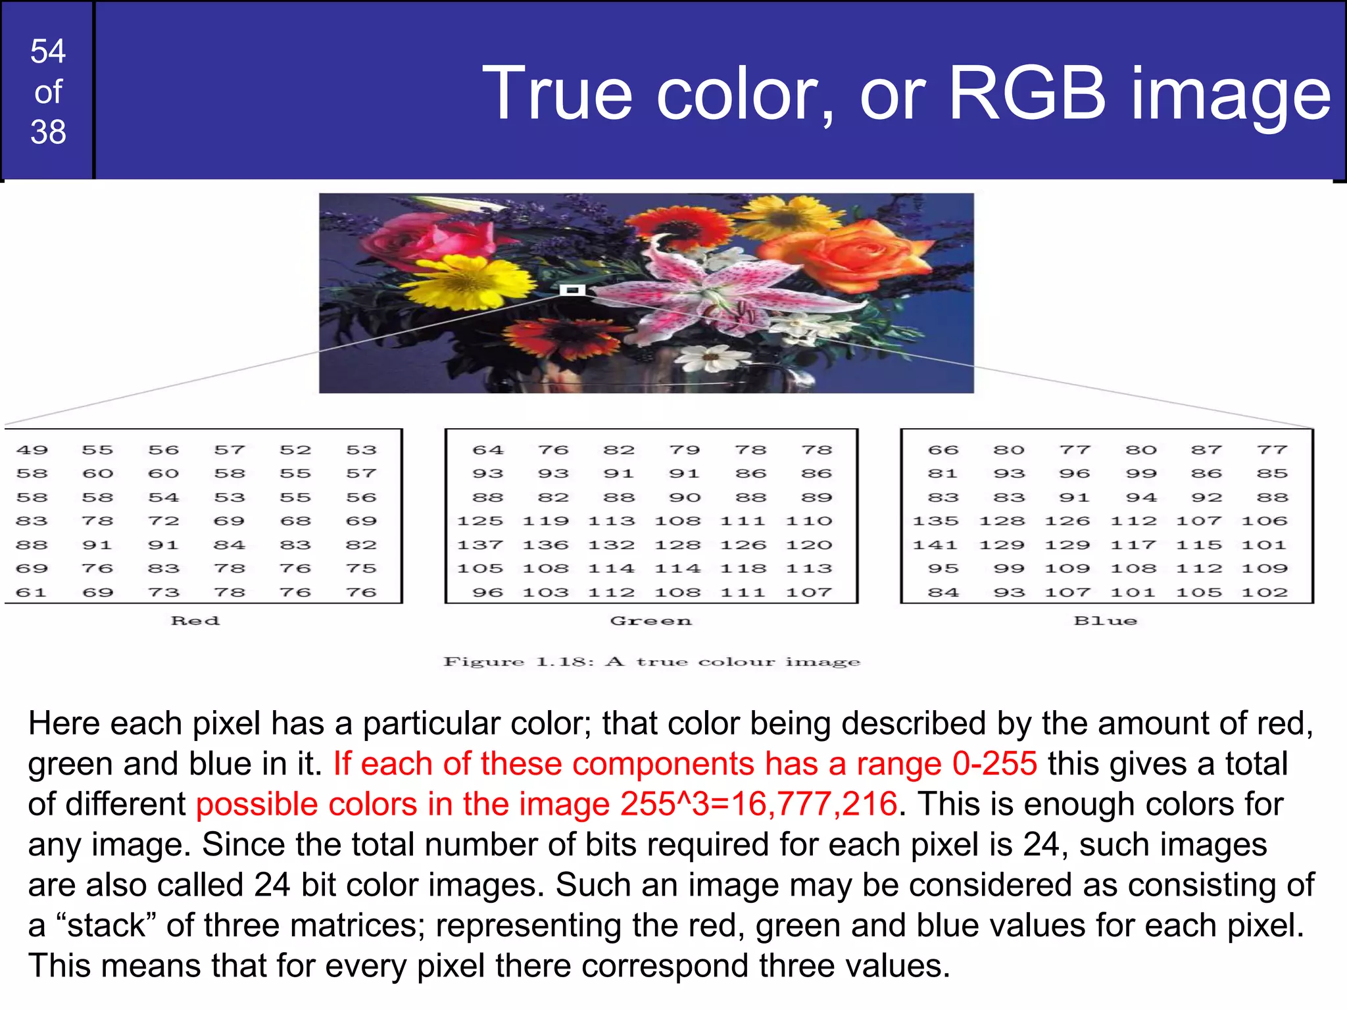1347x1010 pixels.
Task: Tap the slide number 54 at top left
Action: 48,51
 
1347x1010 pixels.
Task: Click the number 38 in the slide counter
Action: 48,132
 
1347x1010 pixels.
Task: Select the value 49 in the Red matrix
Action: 32,450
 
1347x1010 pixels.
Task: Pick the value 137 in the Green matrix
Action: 480,545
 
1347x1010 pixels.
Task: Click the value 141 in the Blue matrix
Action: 935,545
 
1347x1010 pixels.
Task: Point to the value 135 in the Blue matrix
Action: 935,521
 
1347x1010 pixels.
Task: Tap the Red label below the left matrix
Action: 195,621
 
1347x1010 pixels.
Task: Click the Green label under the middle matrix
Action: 651,621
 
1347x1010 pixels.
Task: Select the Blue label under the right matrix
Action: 1105,621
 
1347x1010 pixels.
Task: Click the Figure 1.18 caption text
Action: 651,661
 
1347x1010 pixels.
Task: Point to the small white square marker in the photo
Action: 572,290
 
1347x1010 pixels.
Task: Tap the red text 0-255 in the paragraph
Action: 994,764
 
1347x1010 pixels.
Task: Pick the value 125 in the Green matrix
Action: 480,521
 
